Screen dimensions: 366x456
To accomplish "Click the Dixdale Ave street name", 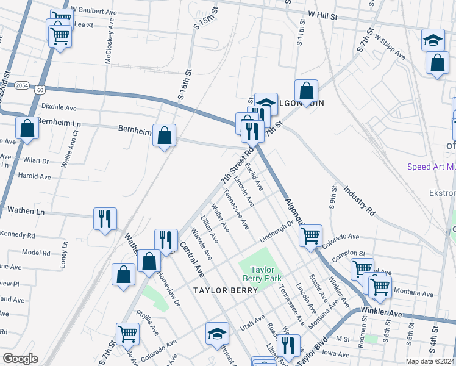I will pos(59,107).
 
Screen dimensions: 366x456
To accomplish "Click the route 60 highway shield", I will pos(40,90).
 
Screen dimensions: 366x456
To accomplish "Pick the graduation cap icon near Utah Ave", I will pos(217,333).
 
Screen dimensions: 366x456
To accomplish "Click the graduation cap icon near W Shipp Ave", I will pos(433,40).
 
